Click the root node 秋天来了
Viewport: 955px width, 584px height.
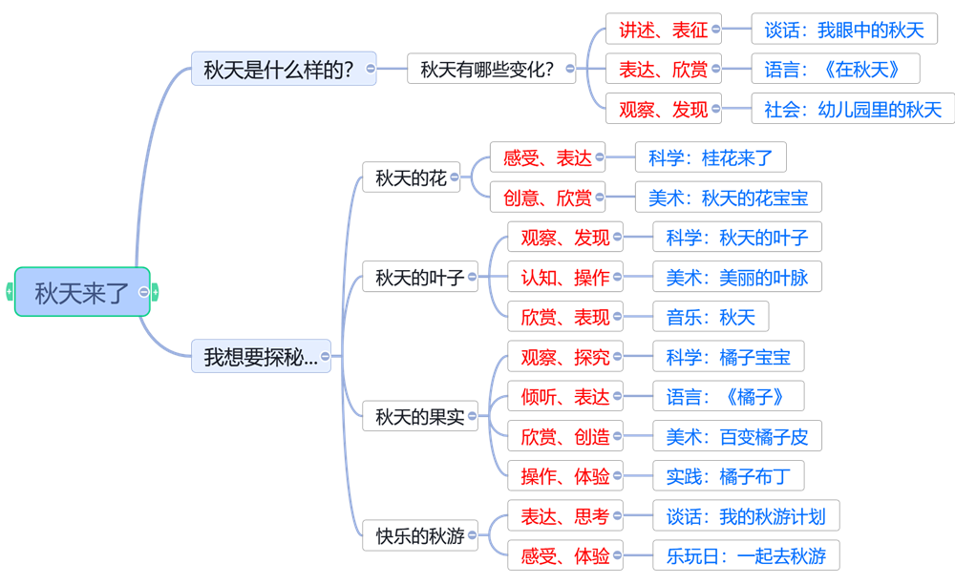point(81,292)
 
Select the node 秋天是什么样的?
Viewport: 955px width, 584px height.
point(278,69)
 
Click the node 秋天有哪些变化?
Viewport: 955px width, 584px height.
point(487,69)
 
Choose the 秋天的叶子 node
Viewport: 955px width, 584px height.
point(419,278)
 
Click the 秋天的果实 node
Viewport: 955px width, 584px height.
point(419,417)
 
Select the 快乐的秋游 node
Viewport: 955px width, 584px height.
point(419,536)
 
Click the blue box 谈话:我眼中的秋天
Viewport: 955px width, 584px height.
point(844,30)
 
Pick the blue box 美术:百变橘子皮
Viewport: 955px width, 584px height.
point(736,437)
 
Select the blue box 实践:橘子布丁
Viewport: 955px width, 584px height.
point(721,475)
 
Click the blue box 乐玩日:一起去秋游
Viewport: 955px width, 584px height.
point(745,554)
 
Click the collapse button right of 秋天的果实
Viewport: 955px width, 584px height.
point(483,417)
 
